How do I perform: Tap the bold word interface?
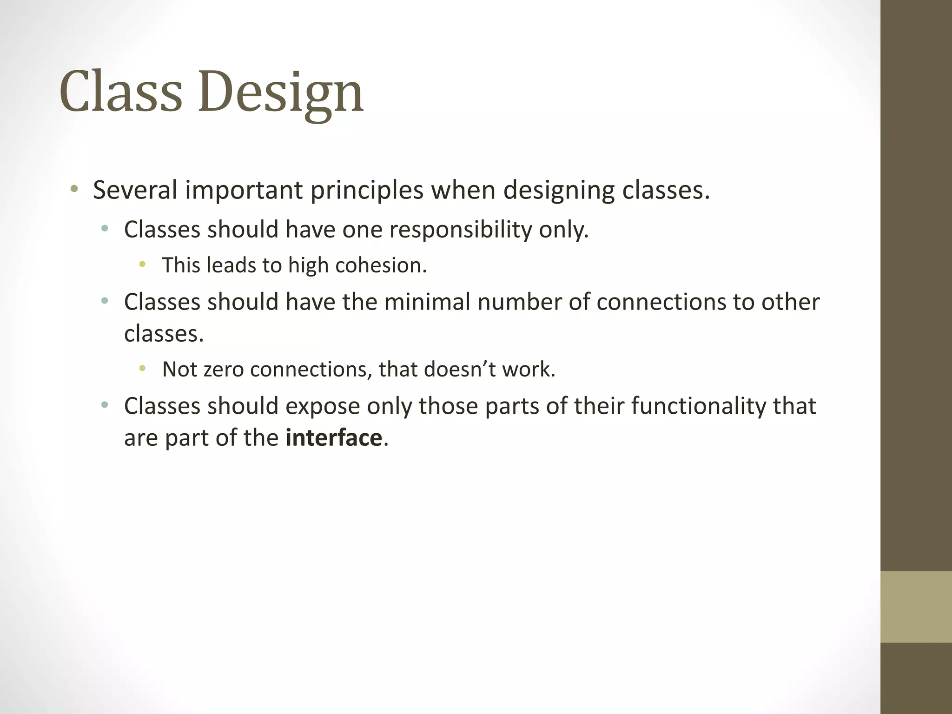point(334,438)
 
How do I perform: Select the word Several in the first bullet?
point(135,190)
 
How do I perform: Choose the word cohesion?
point(381,265)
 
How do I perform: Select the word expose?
point(322,406)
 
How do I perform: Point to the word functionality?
point(699,406)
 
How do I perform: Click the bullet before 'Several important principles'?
point(74,189)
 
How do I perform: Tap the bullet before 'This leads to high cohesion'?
point(142,265)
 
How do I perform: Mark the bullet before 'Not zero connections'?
point(142,369)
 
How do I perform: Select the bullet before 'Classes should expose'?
point(105,405)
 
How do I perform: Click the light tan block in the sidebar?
point(916,607)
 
